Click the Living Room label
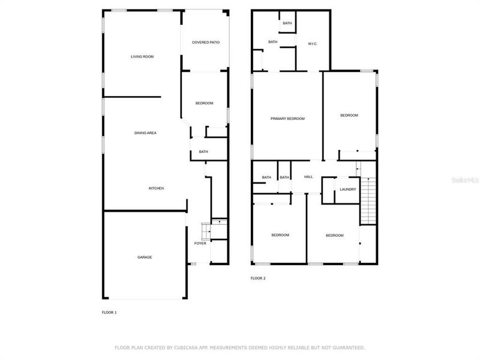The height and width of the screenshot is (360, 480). [x=143, y=56]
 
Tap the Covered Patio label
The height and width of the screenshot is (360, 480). [x=205, y=42]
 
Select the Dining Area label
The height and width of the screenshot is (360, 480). [x=145, y=133]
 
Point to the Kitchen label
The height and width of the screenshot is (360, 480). [x=156, y=188]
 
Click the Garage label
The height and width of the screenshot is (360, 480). [x=145, y=257]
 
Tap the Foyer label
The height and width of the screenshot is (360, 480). [x=200, y=243]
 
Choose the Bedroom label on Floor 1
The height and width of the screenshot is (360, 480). [x=204, y=103]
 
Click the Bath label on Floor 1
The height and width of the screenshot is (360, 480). [x=203, y=152]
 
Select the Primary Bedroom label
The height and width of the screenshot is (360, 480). [x=287, y=119]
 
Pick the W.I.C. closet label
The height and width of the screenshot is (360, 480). [x=313, y=43]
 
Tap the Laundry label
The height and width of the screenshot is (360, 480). [x=348, y=189]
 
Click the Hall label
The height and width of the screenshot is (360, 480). [x=308, y=177]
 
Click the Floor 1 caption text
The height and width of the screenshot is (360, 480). [x=109, y=313]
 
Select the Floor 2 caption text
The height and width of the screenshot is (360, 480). [x=258, y=278]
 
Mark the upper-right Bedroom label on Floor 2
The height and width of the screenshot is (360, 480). [x=349, y=115]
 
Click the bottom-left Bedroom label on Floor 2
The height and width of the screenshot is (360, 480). [x=280, y=235]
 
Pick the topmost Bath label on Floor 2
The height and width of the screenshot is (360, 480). [x=287, y=23]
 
